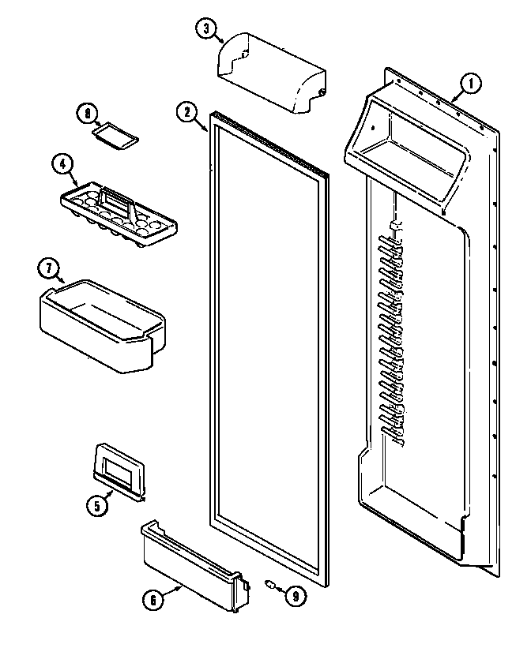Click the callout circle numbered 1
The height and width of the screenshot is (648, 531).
(471, 82)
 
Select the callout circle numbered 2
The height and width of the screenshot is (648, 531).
(186, 112)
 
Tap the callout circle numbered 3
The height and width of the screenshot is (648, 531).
(207, 29)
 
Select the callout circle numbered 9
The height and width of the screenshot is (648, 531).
(294, 597)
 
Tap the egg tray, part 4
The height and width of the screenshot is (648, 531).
(119, 214)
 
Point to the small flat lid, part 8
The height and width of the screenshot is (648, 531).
(116, 137)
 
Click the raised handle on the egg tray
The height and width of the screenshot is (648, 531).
(115, 202)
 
